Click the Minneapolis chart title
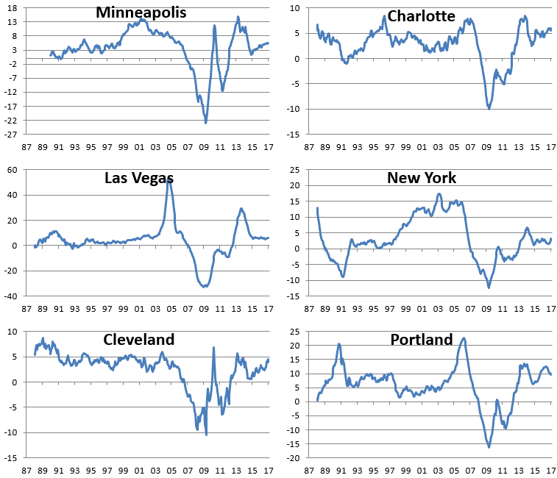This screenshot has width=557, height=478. pyautogui.click(x=141, y=13)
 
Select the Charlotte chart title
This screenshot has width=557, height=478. pyautogui.click(x=421, y=16)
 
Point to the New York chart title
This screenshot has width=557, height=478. pyautogui.click(x=422, y=178)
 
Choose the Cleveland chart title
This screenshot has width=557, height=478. pyautogui.click(x=138, y=340)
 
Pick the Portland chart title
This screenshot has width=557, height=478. pyautogui.click(x=422, y=340)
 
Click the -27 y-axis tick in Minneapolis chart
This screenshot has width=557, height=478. pyautogui.click(x=13, y=135)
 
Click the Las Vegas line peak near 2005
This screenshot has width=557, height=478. pyautogui.click(x=168, y=179)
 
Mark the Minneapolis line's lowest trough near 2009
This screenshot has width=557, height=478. pyautogui.click(x=206, y=122)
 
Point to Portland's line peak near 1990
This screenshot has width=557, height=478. pyautogui.click(x=339, y=344)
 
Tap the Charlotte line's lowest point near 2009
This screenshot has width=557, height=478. pyautogui.click(x=489, y=109)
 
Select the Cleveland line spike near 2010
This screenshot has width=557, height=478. pyautogui.click(x=213, y=348)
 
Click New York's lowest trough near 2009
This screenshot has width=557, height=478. pyautogui.click(x=489, y=288)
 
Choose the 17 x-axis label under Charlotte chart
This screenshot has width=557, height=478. pyautogui.click(x=550, y=146)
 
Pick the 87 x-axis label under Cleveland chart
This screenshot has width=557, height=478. pyautogui.click(x=26, y=470)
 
